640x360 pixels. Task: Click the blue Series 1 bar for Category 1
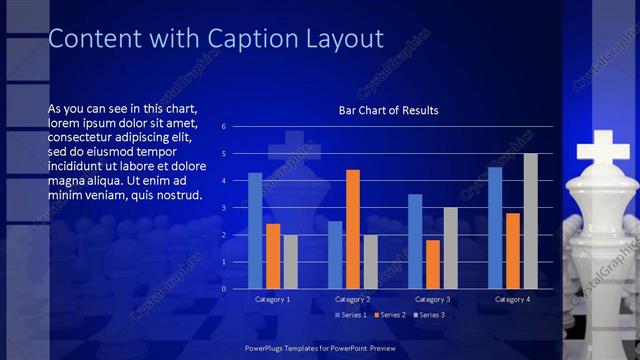[x=255, y=231]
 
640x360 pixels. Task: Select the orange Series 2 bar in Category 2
[x=352, y=229]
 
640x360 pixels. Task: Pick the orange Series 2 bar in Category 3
[x=432, y=264]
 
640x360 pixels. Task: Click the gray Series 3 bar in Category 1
[x=290, y=262]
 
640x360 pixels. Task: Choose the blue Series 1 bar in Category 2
[x=335, y=255]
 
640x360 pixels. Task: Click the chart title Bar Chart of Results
[x=389, y=110]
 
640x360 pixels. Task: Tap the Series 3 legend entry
[x=430, y=315]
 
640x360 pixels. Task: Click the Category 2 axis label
[x=352, y=299]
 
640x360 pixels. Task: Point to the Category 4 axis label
[x=512, y=299]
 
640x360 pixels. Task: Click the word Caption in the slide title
[x=244, y=39]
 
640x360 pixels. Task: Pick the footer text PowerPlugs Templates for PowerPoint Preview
[x=320, y=346]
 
